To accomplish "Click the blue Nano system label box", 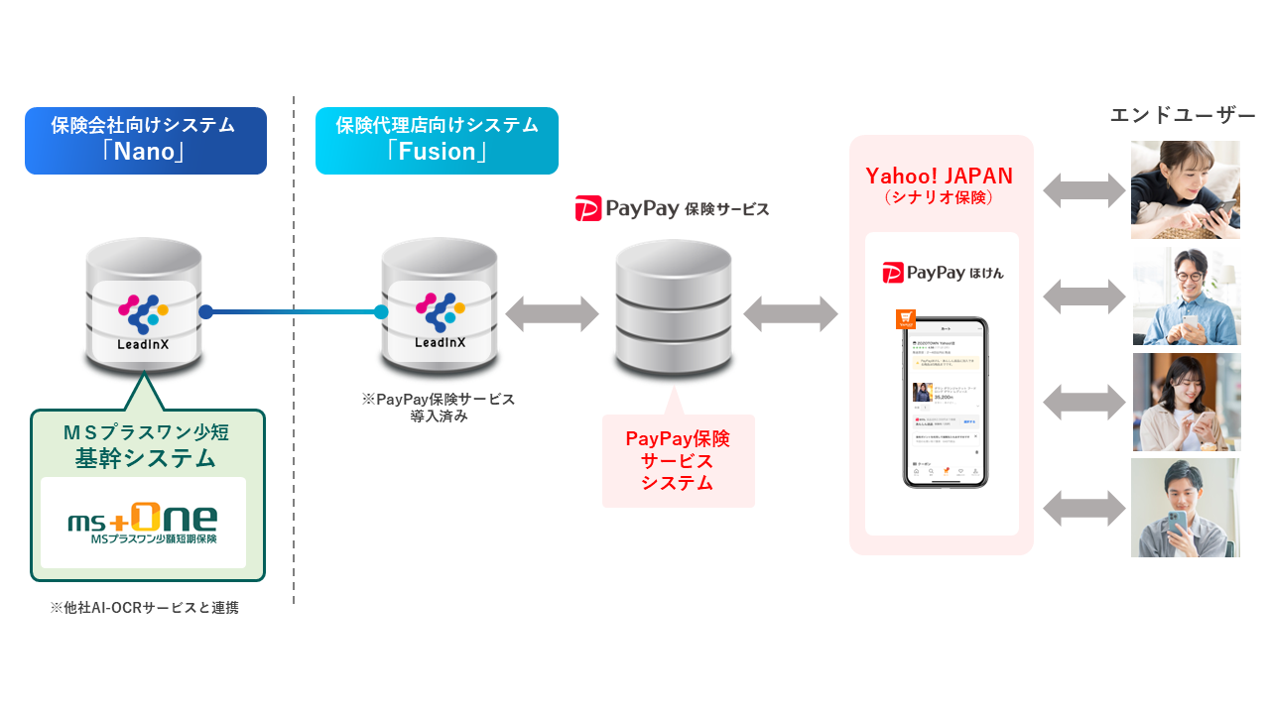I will [146, 141].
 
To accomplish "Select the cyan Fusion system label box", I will [437, 141].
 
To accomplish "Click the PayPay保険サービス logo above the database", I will [672, 209].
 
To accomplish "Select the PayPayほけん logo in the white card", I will [943, 272].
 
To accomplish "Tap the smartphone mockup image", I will [946, 403].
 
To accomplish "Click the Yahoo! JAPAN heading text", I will [940, 177].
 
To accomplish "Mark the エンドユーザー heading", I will [1183, 115].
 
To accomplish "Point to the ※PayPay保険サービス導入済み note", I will [439, 408].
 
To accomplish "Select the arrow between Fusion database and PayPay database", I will [553, 314].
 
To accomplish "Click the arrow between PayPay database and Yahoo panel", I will [791, 314].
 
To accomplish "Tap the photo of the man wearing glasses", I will [1186, 297].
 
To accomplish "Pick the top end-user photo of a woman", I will [1186, 189].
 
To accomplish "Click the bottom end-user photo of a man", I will [1186, 508].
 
